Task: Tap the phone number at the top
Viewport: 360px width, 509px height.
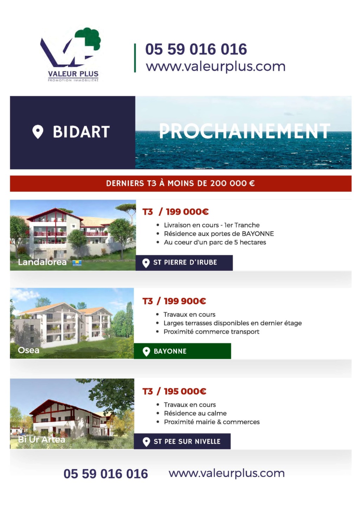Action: coord(196,49)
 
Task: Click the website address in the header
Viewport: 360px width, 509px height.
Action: coord(216,67)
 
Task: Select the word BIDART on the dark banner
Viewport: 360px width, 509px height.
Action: coord(81,132)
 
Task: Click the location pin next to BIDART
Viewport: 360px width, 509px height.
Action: coord(38,132)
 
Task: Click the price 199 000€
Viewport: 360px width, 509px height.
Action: coord(187,212)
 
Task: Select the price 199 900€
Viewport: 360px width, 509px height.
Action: coord(185,301)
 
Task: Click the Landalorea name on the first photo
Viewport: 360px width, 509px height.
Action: coord(42,262)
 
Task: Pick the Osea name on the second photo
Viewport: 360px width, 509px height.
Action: coord(29,350)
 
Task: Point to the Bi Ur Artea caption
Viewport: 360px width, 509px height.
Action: coord(41,439)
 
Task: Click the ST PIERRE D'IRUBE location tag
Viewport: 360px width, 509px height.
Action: coord(184,263)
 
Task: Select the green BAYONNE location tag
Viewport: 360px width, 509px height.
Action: coord(182,351)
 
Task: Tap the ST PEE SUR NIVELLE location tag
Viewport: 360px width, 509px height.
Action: coord(182,441)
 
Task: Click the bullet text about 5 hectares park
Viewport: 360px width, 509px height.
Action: coord(215,242)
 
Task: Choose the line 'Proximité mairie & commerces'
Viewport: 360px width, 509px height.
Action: coord(212,422)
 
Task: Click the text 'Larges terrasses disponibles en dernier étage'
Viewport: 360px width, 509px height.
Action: coord(233,323)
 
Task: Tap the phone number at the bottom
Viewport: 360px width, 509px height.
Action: coord(106,474)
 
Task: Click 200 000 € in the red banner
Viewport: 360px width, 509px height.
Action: coord(232,183)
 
